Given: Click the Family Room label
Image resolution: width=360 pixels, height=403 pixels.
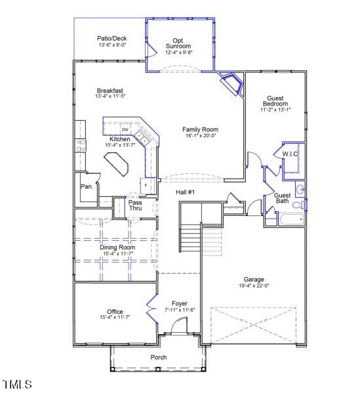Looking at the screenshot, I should [x=200, y=129].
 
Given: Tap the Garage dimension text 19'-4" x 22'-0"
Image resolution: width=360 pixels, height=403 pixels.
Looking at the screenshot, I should [x=254, y=286].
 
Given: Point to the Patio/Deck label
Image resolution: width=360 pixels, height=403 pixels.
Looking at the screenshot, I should [x=112, y=38].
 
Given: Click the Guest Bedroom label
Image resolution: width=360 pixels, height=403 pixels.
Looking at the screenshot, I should [x=275, y=100].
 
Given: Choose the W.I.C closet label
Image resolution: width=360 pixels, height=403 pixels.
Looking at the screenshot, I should [x=290, y=154].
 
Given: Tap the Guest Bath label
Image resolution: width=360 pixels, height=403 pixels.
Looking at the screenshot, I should [x=282, y=198].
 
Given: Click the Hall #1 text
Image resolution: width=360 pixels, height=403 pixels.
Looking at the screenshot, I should [x=186, y=192].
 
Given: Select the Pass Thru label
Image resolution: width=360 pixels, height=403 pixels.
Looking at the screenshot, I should [x=134, y=205].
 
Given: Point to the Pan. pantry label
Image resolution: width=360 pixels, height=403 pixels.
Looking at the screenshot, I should [x=86, y=186].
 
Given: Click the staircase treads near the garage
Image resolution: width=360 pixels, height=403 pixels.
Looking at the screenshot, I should [x=190, y=234].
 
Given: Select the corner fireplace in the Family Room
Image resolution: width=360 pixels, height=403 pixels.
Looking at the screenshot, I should [x=231, y=83].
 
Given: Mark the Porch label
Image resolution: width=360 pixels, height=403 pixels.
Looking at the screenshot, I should [x=158, y=357].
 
